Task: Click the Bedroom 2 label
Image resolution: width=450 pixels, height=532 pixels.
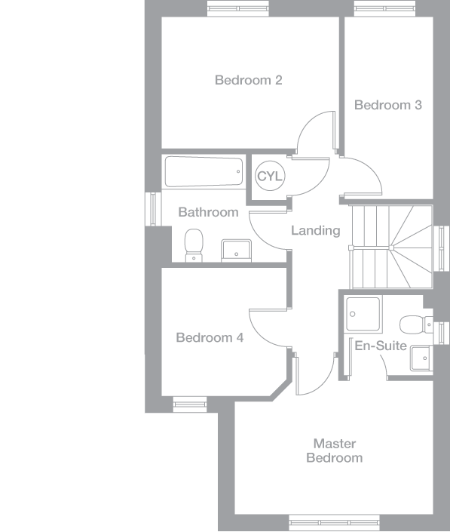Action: click(248, 80)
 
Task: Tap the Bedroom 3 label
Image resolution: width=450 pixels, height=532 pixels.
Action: click(387, 106)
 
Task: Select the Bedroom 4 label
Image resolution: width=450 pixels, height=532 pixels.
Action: click(210, 338)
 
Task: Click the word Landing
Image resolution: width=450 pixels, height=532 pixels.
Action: click(316, 231)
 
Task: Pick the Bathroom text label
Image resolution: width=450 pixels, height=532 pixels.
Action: click(208, 213)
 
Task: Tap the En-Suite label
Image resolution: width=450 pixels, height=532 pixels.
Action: click(381, 346)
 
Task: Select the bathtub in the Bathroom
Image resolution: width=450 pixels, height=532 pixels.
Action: click(204, 172)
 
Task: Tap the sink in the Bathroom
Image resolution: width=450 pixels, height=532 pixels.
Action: click(236, 249)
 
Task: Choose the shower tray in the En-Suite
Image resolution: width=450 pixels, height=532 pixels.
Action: click(363, 312)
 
